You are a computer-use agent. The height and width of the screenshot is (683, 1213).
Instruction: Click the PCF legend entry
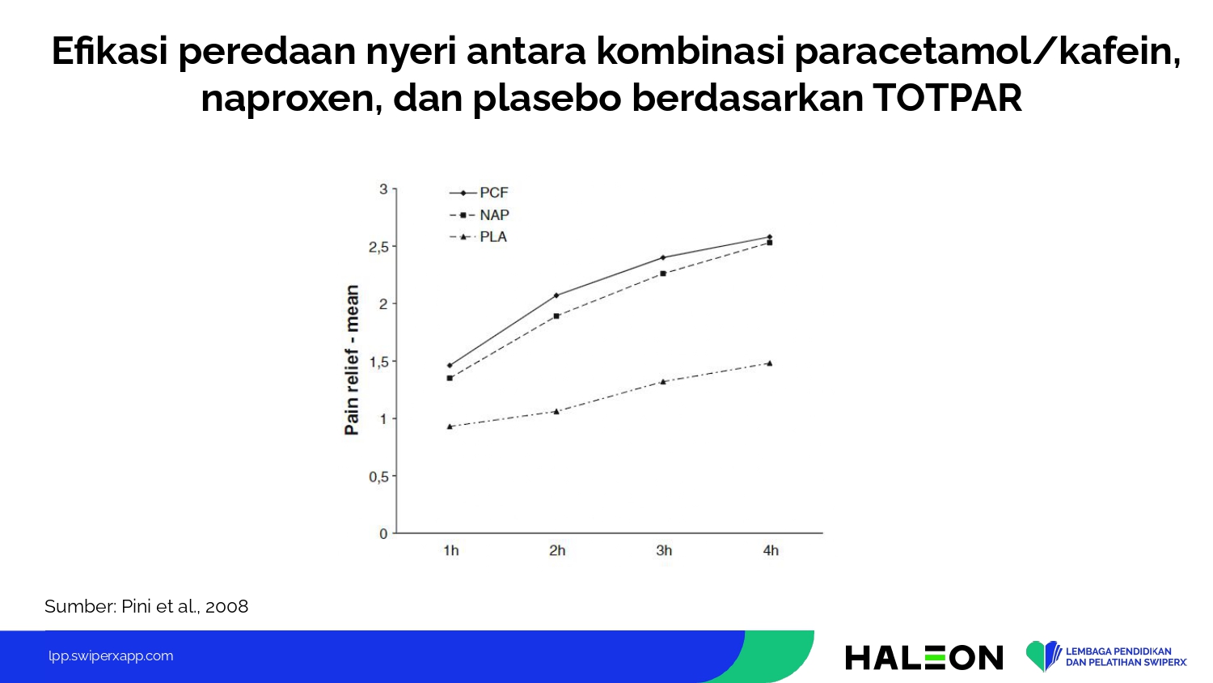coord(479,193)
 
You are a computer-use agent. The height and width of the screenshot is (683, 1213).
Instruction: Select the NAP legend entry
coord(480,215)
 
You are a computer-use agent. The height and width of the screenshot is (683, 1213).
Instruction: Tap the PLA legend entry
coord(478,237)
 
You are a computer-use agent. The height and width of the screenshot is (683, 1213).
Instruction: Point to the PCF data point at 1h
coord(450,365)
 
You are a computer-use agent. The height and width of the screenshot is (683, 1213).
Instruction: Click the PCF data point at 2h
coord(556,295)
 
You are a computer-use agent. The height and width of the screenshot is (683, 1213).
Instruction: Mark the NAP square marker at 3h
coord(663,274)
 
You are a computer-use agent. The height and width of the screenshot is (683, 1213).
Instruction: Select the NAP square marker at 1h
coord(450,378)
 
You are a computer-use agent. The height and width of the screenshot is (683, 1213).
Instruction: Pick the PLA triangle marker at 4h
coord(770,363)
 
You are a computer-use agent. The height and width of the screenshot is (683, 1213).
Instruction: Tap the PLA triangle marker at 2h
coord(556,411)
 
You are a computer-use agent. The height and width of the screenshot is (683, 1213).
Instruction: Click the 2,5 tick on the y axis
coord(379,247)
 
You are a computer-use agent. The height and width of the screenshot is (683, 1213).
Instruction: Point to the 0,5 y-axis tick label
coord(379,477)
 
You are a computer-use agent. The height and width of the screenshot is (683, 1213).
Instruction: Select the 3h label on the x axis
coord(664,551)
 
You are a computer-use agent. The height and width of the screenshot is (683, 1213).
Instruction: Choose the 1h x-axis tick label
coord(450,551)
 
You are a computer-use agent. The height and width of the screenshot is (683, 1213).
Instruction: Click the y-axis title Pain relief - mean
coord(352,360)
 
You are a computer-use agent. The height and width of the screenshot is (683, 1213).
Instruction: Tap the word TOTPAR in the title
coord(947,98)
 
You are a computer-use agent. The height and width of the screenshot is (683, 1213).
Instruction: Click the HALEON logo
coord(923,658)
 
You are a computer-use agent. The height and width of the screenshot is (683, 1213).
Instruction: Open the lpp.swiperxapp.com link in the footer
coord(111,656)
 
